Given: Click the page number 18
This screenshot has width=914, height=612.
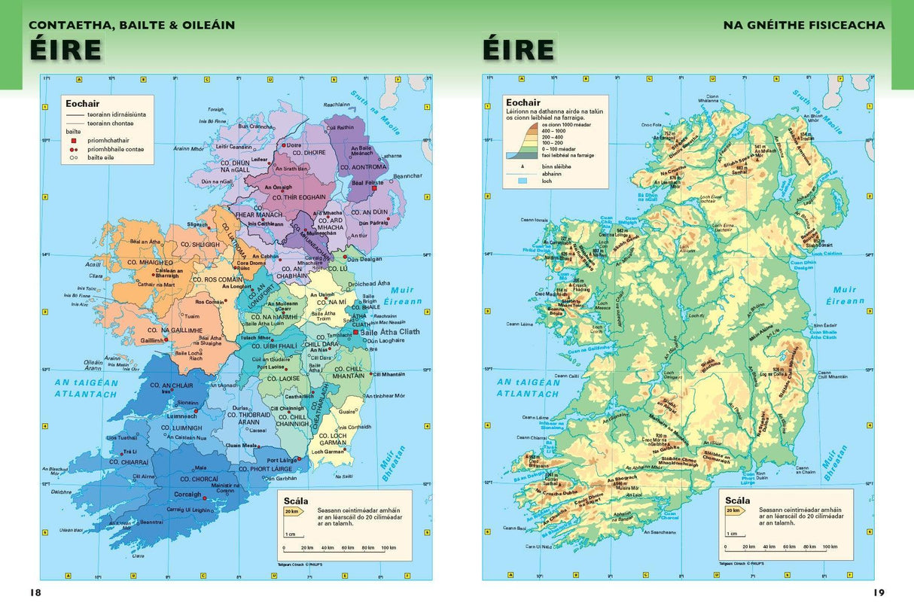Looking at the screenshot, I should (x=35, y=592).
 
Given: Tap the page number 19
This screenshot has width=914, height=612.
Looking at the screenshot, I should (x=879, y=592).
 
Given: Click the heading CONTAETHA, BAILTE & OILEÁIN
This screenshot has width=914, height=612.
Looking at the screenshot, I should (x=132, y=26).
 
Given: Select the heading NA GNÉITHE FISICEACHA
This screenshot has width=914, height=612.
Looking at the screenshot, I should (x=804, y=26).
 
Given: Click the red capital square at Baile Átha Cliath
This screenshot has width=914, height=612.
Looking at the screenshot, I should (x=356, y=331).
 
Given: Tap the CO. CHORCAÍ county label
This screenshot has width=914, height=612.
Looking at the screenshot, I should (x=199, y=479).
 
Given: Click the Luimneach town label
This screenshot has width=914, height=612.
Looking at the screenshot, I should (x=181, y=416).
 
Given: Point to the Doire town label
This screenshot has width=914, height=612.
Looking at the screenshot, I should (x=293, y=145).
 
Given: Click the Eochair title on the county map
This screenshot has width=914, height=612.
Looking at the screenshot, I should (x=82, y=104).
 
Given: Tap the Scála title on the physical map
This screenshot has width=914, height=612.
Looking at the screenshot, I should (x=738, y=500).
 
